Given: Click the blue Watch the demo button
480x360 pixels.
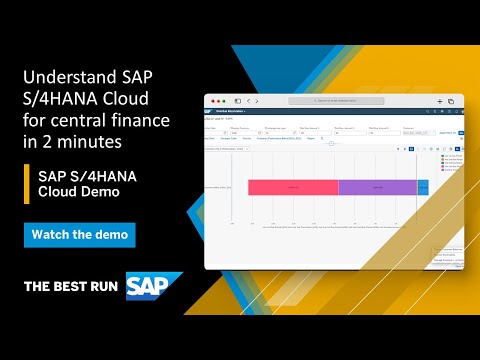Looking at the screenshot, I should [79, 235].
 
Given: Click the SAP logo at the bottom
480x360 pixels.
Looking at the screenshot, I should [154, 286].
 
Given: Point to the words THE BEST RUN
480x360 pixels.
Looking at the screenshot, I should [72, 287].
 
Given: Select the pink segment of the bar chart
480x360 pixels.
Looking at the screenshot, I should [293, 187].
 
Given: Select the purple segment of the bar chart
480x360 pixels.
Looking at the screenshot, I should [377, 187].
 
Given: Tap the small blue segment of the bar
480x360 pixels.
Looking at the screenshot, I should [422, 187].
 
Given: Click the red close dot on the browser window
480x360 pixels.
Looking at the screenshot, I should [211, 101].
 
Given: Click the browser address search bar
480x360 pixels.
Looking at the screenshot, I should [335, 101].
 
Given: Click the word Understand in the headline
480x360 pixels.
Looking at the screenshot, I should [65, 78].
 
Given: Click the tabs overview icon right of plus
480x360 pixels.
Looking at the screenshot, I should [451, 101].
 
